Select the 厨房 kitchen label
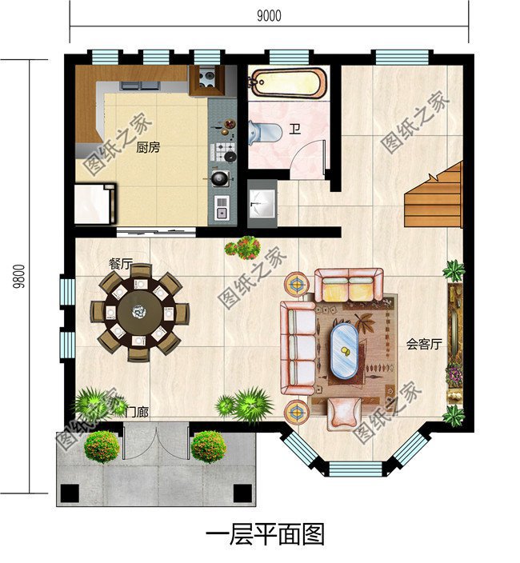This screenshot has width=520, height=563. [x=148, y=147]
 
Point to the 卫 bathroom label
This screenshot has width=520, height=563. [x=295, y=129]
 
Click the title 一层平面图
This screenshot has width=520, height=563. [x=265, y=534]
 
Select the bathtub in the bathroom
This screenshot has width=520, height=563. [x=288, y=82]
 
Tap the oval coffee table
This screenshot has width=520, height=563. [x=345, y=349]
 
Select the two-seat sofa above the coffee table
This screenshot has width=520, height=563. [x=348, y=284]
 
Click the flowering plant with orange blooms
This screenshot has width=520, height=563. [x=242, y=246]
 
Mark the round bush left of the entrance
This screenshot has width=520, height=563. [x=102, y=446]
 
